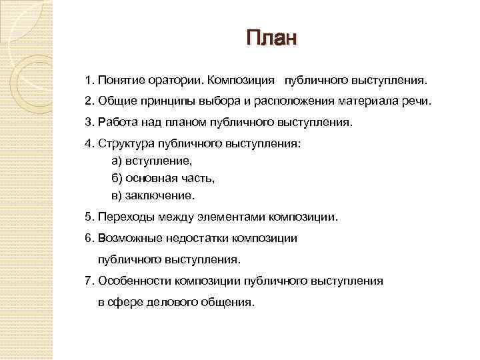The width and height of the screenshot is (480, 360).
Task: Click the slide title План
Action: point(271,37)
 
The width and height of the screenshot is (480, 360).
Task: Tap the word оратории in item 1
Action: point(180,81)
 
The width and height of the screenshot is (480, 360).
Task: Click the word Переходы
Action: point(124,217)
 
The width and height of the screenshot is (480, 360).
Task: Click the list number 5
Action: point(89,217)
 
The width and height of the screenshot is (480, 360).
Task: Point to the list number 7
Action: point(89,281)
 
